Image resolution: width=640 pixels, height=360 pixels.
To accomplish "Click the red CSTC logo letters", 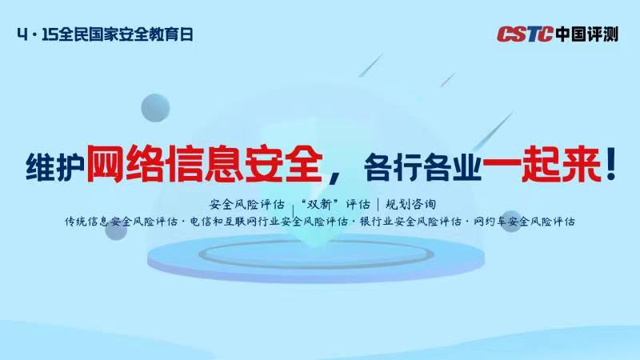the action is pyautogui.click(x=525, y=34).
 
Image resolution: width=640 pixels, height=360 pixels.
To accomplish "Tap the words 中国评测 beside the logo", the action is pyautogui.click(x=586, y=34).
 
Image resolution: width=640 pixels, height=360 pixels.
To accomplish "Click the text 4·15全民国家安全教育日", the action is pyautogui.click(x=105, y=34).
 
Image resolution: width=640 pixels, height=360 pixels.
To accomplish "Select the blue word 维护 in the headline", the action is pyautogui.click(x=55, y=167).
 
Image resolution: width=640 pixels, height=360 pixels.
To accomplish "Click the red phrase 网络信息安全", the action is pyautogui.click(x=205, y=164).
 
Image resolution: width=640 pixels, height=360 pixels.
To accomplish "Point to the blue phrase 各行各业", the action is pyautogui.click(x=422, y=167).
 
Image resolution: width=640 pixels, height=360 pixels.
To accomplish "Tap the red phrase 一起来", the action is pyautogui.click(x=542, y=164).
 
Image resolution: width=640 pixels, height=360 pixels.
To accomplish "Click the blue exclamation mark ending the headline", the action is pyautogui.click(x=611, y=164).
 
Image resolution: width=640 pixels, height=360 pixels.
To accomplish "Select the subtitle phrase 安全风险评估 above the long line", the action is pyautogui.click(x=246, y=204).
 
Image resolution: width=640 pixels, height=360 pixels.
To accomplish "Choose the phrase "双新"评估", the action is pyautogui.click(x=335, y=204).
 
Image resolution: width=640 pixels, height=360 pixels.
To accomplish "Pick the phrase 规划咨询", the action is pyautogui.click(x=410, y=204).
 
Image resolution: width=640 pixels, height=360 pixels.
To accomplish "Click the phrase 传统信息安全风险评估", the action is pyautogui.click(x=122, y=222).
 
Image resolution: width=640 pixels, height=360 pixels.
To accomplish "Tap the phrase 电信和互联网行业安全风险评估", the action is pyautogui.click(x=269, y=222).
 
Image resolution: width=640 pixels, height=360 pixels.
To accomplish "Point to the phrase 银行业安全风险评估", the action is pyautogui.click(x=410, y=222).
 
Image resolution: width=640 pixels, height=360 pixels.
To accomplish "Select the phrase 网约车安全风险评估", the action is pyautogui.click(x=524, y=222).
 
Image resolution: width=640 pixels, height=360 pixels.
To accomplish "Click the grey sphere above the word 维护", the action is pyautogui.click(x=155, y=108).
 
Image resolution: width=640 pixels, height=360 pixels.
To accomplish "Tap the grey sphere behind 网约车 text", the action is pyautogui.click(x=511, y=222).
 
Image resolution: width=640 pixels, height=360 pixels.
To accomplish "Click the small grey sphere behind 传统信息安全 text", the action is pyautogui.click(x=116, y=228).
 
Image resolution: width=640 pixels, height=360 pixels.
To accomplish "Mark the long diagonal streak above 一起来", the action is pyautogui.click(x=492, y=131).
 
